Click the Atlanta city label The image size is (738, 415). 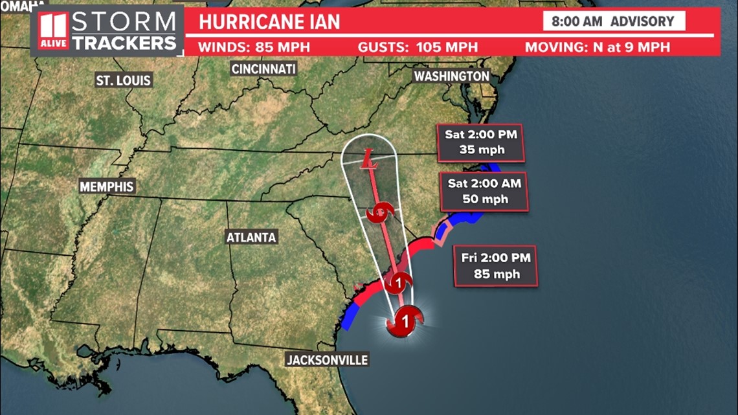(x=251, y=238)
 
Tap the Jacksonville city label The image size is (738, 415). (x=327, y=360)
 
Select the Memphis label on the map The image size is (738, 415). (x=107, y=187)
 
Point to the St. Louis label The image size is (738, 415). (x=123, y=80)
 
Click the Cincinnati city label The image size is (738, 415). (x=263, y=69)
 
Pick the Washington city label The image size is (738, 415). (x=451, y=76)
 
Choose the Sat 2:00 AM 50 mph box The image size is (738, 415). (x=484, y=192)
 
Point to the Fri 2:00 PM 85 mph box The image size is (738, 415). (x=496, y=265)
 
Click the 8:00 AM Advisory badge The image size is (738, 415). (x=612, y=21)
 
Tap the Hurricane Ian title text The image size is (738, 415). (x=269, y=21)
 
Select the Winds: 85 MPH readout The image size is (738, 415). (x=254, y=47)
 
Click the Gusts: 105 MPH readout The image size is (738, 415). (x=418, y=47)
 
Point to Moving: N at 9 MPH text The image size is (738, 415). (x=597, y=47)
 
